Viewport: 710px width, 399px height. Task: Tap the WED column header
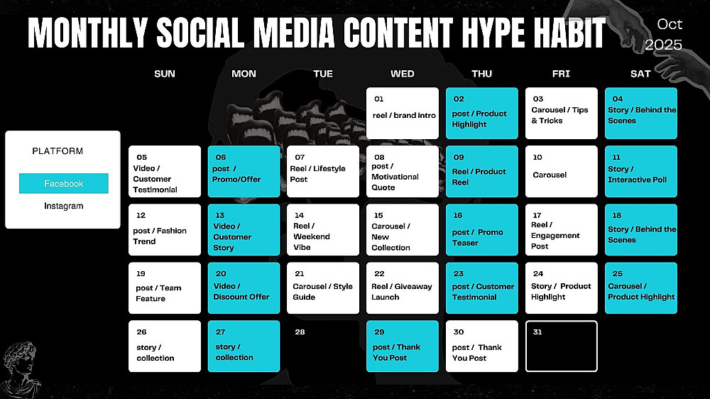[x=402, y=74]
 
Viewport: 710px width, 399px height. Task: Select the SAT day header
[x=640, y=74]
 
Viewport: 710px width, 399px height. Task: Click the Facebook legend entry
[x=63, y=183]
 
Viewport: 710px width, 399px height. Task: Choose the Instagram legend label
[x=63, y=206]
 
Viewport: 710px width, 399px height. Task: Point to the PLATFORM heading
[x=58, y=151]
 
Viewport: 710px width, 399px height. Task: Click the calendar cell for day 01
[x=402, y=113]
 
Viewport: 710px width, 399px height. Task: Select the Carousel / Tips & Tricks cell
[x=561, y=113]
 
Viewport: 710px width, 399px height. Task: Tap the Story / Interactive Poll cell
[x=640, y=171]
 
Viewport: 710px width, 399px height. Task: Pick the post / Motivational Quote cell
[x=402, y=171]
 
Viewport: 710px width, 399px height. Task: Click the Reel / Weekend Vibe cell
[x=323, y=229]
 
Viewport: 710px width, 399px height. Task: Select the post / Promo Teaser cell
[x=482, y=229]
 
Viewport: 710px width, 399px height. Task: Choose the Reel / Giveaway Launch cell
[x=402, y=288]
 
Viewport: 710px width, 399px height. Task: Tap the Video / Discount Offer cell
[x=244, y=288]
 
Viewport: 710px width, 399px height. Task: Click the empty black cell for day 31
[x=561, y=346]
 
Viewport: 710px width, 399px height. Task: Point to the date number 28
[x=300, y=332]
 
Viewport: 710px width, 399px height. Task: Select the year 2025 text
[x=663, y=45]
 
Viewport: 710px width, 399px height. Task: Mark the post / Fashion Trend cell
[x=165, y=229]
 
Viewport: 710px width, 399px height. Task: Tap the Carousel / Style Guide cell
[x=323, y=288]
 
